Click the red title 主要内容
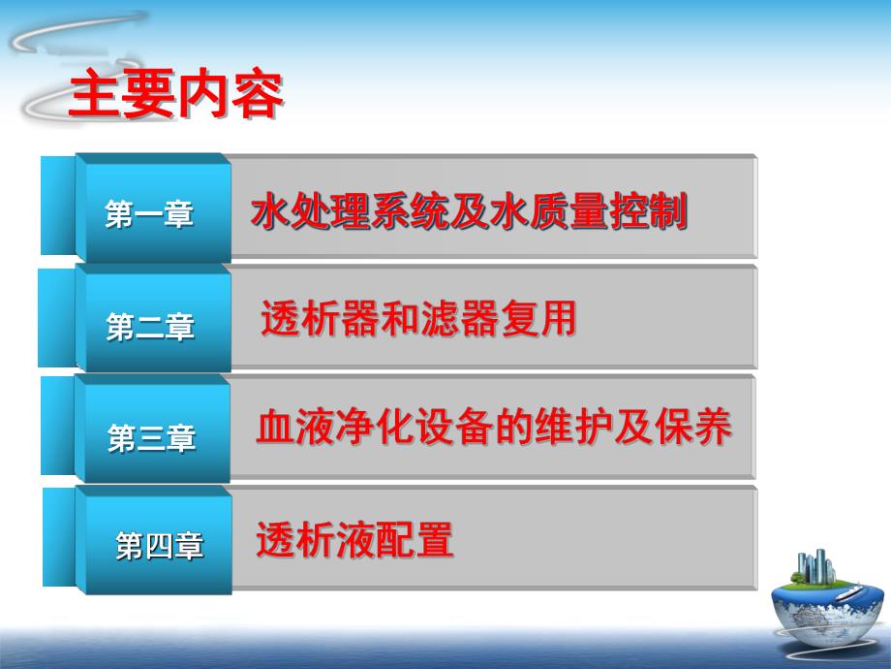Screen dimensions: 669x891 [175, 95]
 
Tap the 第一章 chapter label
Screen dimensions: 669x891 [149, 214]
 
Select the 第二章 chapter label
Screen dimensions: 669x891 [150, 328]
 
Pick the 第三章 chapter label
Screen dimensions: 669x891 [151, 439]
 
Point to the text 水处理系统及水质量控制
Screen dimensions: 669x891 [469, 211]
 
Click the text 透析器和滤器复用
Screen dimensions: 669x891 [418, 318]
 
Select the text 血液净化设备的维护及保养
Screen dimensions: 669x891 [493, 428]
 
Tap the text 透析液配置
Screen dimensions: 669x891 [354, 540]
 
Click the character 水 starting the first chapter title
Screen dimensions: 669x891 [267, 211]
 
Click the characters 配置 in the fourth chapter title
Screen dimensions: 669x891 [422, 540]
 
